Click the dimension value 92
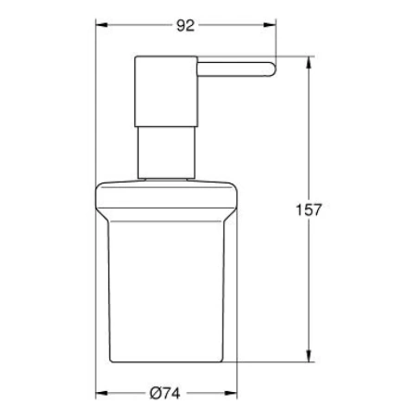coord(185,26)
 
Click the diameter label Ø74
coord(164,393)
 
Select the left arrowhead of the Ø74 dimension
coord(101,393)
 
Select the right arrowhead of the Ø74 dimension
coord(234,393)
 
